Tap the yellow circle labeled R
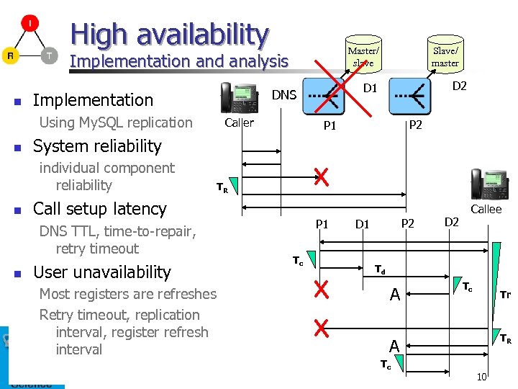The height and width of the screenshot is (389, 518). coord(10,55)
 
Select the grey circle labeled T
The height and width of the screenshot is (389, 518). coord(48,55)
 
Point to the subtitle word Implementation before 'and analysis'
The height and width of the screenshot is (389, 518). coord(129,62)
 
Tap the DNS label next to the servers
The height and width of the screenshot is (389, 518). coord(283,94)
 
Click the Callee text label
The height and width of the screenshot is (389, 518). coord(486,209)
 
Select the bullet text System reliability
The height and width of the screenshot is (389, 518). coord(97,146)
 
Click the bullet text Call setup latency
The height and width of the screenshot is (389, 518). coord(100,209)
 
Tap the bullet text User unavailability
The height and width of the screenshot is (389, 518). coord(102,272)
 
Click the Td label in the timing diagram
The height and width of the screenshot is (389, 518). coord(380,270)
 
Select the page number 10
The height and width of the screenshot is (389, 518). coord(481,377)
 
